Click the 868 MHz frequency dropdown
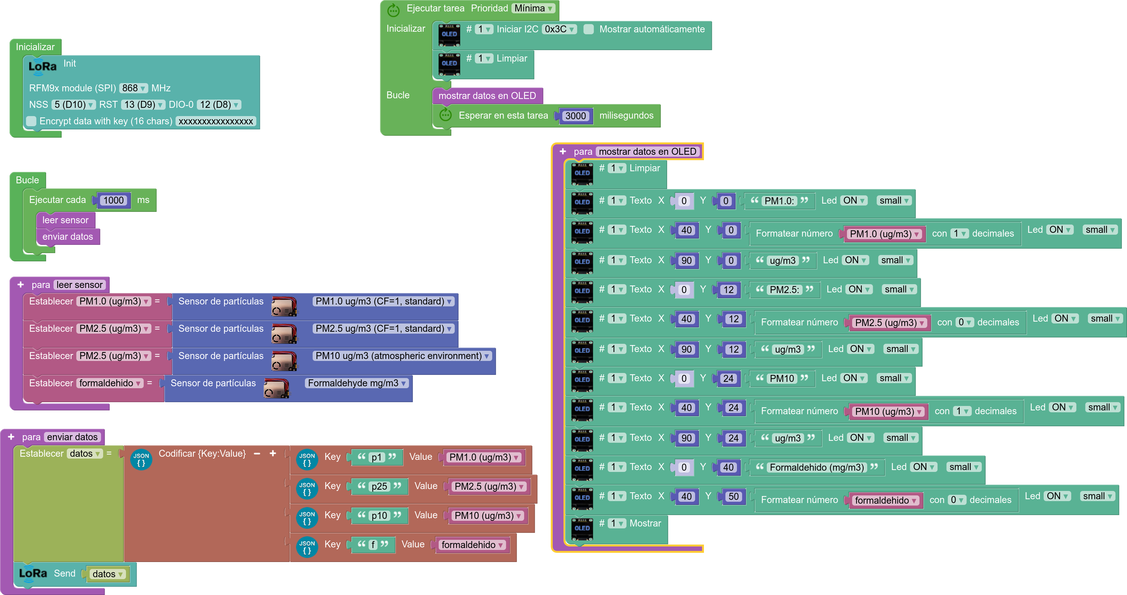133,88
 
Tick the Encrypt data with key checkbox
31,121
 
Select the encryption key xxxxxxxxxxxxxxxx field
216,121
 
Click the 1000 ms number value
114,200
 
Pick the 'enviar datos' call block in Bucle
68,237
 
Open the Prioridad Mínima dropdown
533,8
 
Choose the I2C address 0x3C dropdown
559,29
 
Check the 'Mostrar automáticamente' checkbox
589,29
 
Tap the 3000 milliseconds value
575,116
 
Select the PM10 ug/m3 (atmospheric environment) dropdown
402,356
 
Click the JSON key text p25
379,486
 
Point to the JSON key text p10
379,515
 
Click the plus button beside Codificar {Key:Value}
273,453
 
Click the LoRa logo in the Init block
43,67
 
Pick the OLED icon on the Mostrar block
582,528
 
